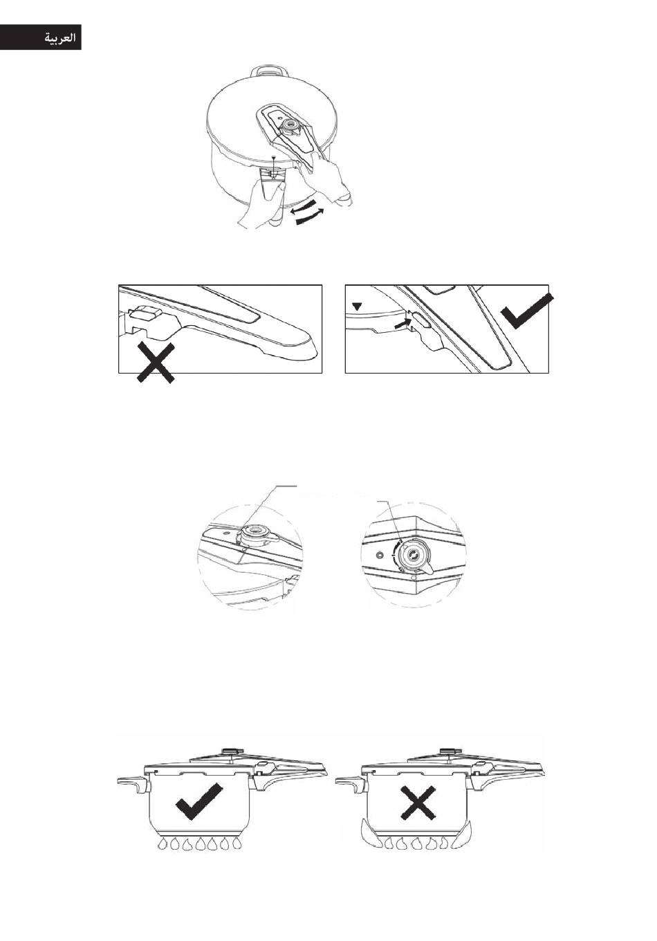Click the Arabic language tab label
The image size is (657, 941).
point(60,38)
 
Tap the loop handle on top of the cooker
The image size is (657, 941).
point(270,71)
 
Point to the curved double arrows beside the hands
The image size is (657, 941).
point(308,212)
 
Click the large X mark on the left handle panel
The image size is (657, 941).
point(156,362)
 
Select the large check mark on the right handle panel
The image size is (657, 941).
point(527,312)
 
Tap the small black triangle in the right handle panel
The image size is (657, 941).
point(356,307)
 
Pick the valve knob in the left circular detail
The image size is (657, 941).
point(256,533)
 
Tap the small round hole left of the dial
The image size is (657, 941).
point(380,555)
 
